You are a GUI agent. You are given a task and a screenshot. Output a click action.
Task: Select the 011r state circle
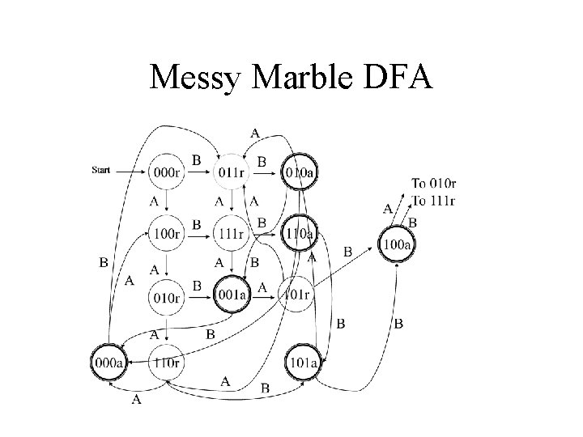click(232, 172)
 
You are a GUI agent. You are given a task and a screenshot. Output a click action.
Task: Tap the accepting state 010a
click(299, 172)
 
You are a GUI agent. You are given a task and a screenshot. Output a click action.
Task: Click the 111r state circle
click(232, 234)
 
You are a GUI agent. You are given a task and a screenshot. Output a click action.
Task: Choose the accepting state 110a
click(299, 234)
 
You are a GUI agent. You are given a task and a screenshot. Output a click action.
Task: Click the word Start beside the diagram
click(101, 171)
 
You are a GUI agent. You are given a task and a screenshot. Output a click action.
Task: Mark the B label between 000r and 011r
click(196, 159)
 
